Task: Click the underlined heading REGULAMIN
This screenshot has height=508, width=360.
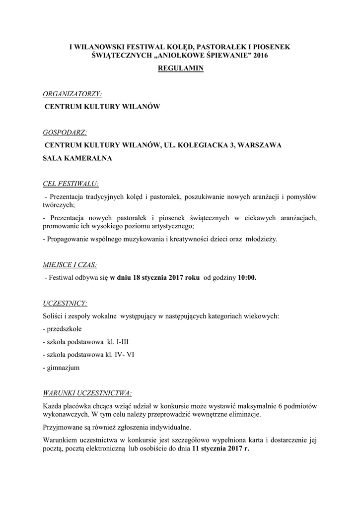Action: pyautogui.click(x=180, y=69)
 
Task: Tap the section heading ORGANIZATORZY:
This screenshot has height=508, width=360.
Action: pyautogui.click(x=72, y=93)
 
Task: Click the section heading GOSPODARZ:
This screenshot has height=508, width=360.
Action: pyautogui.click(x=65, y=132)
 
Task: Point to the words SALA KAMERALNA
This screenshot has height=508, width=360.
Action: pyautogui.click(x=77, y=158)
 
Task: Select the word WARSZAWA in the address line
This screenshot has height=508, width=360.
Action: pyautogui.click(x=260, y=145)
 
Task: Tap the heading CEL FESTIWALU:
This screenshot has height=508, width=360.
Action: pyautogui.click(x=71, y=184)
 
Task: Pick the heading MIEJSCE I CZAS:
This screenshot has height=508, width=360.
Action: pyautogui.click(x=70, y=264)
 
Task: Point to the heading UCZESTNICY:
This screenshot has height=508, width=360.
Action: pyautogui.click(x=66, y=303)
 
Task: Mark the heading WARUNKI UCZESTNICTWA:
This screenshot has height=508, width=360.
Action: pyautogui.click(x=87, y=393)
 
